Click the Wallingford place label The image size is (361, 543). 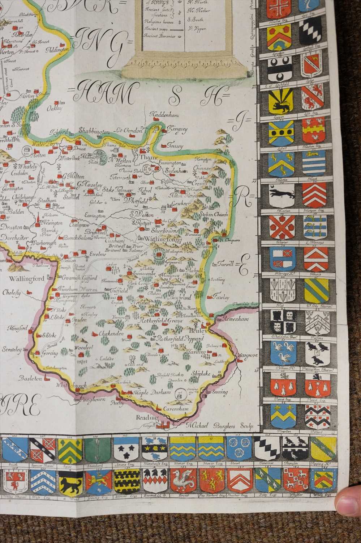[x=23, y=279]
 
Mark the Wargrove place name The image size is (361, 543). [x=248, y=355]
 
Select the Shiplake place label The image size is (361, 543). [x=201, y=373]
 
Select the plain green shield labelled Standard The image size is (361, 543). [x=98, y=449]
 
